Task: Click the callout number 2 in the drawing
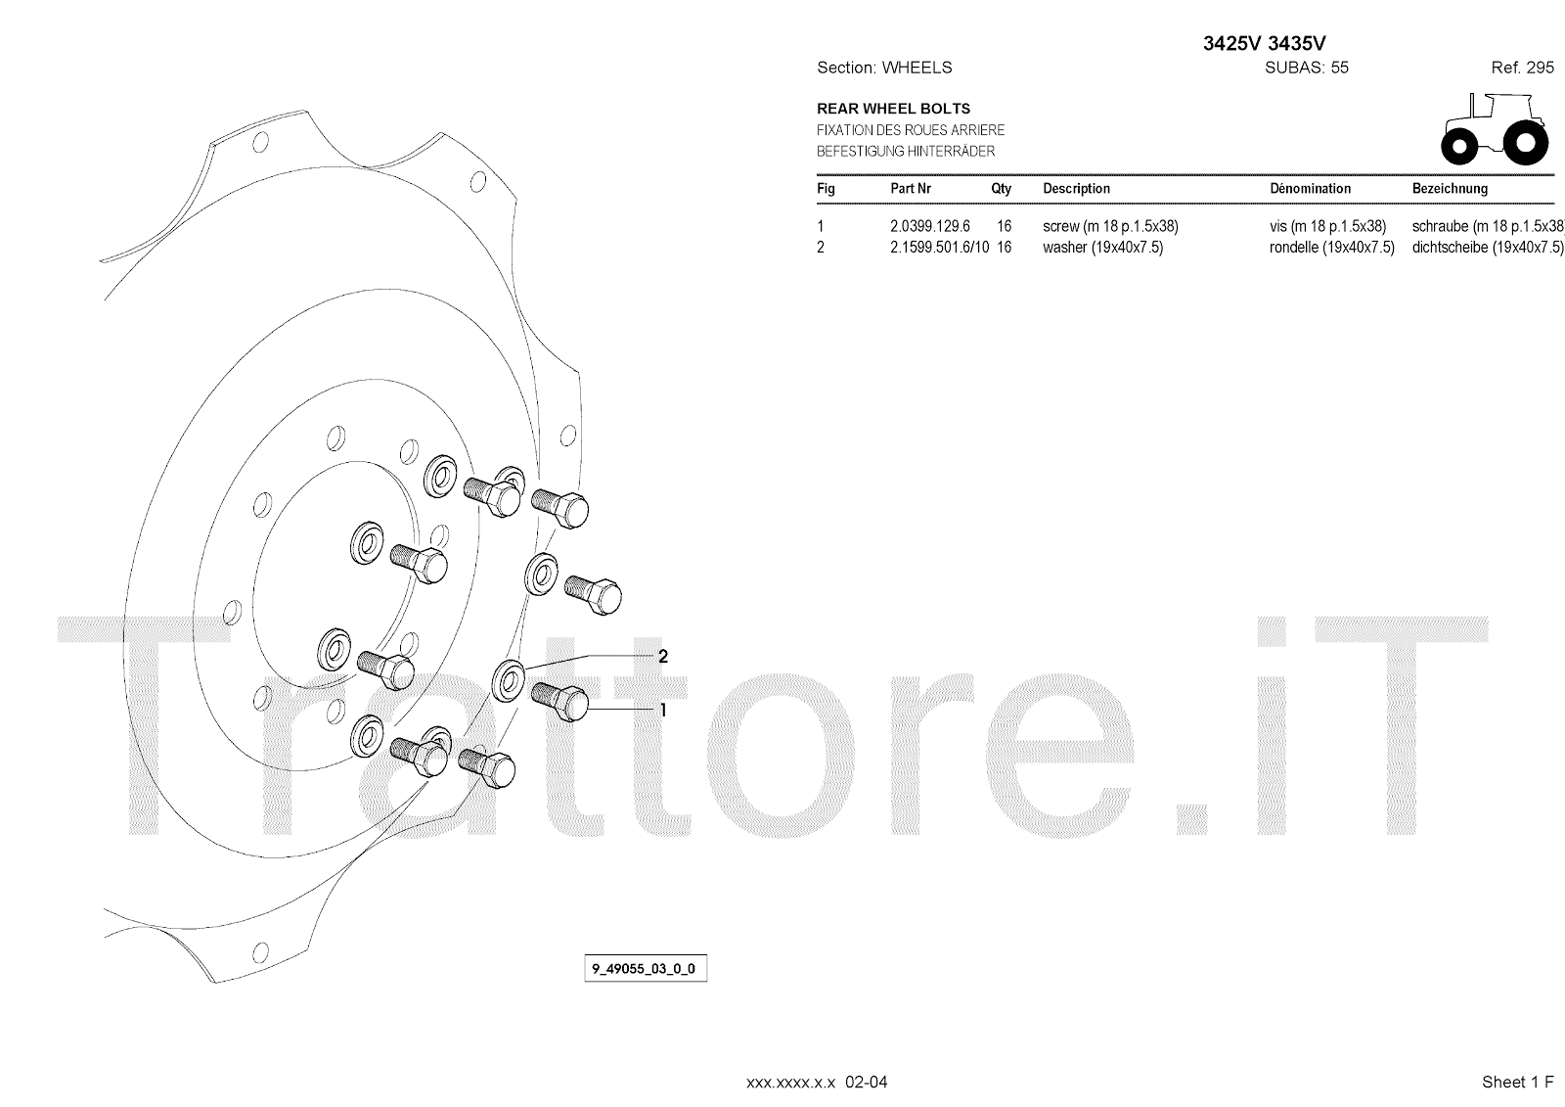pos(663,656)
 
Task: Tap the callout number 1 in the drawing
pos(662,710)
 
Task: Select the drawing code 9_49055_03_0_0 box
pos(646,969)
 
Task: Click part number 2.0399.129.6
pos(929,226)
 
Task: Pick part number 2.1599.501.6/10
pos(939,248)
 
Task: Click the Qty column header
pos(1001,189)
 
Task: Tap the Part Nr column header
pos(911,189)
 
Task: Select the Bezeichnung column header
pos(1450,189)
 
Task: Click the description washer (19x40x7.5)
pos(1102,248)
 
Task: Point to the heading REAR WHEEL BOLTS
pos(893,109)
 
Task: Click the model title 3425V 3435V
pos(1264,43)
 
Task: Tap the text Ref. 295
pos(1522,68)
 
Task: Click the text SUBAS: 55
pos(1307,68)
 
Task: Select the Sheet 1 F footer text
pos(1517,1082)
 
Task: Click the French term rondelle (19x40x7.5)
pos(1331,248)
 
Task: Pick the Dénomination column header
pos(1310,189)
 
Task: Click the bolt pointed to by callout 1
pos(560,701)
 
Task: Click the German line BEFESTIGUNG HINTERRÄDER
pos(906,152)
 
